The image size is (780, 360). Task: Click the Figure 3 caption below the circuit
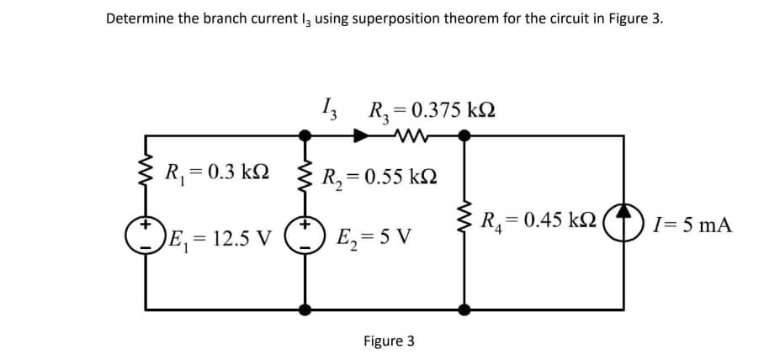[x=389, y=341]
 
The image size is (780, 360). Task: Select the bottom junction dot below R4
[x=462, y=309]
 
